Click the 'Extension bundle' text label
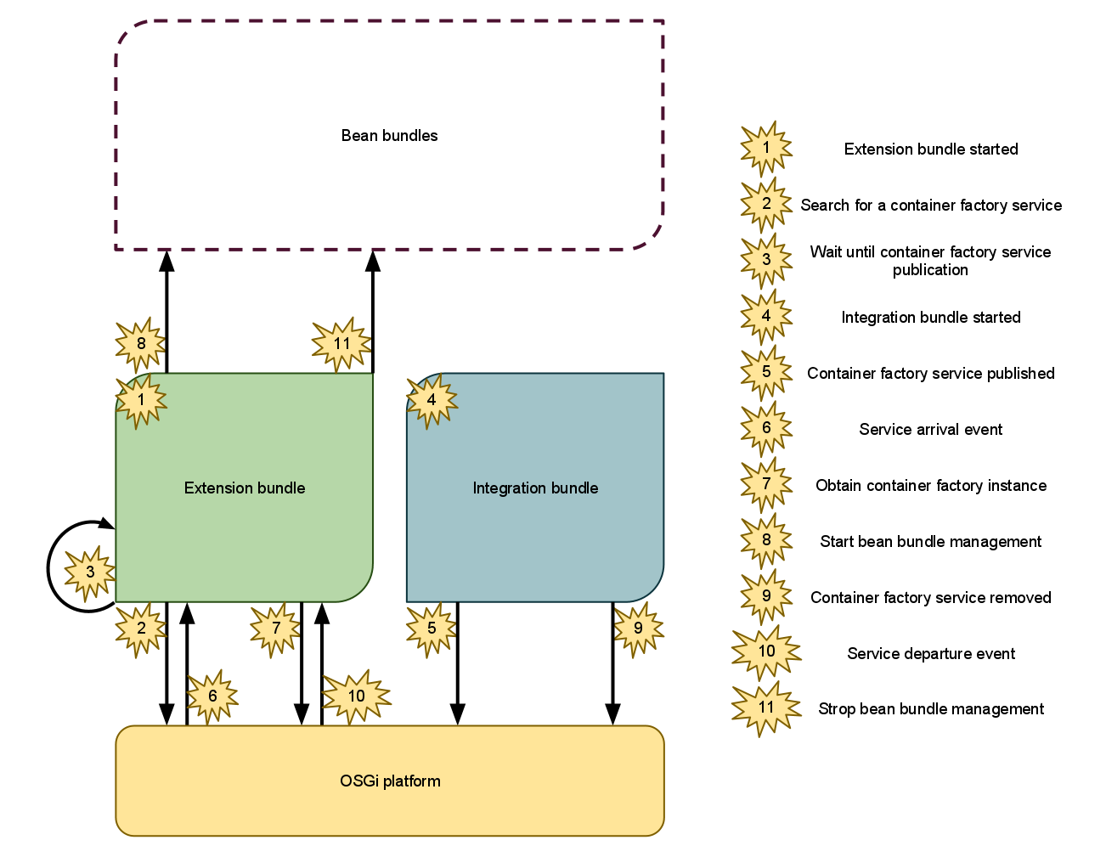click(245, 488)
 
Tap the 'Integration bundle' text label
click(535, 488)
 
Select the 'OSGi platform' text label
click(390, 781)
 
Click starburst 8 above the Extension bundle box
click(141, 344)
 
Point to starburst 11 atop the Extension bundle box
click(341, 344)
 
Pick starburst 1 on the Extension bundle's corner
click(141, 399)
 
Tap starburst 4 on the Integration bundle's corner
click(432, 400)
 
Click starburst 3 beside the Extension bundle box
click(90, 572)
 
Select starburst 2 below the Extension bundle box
click(141, 629)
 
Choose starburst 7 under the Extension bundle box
click(275, 629)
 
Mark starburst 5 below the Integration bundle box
click(432, 629)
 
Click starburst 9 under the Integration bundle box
click(638, 629)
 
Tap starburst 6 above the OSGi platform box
click(212, 696)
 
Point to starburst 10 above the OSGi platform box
click(356, 696)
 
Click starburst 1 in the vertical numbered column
click(766, 148)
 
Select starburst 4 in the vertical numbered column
click(766, 316)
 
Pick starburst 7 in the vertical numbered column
click(766, 484)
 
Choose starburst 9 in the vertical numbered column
click(766, 595)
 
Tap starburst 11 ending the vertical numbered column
click(766, 708)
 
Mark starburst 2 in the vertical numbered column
click(766, 204)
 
